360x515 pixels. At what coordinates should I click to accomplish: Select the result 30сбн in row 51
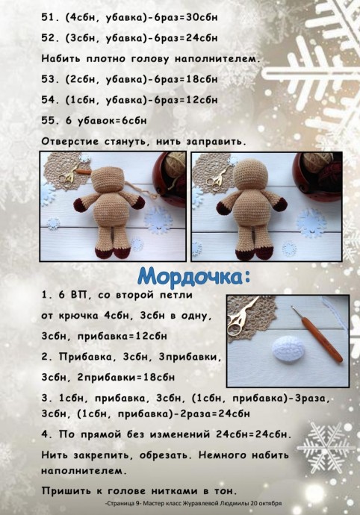pos(197,17)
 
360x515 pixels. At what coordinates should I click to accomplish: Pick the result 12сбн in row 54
pos(197,99)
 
